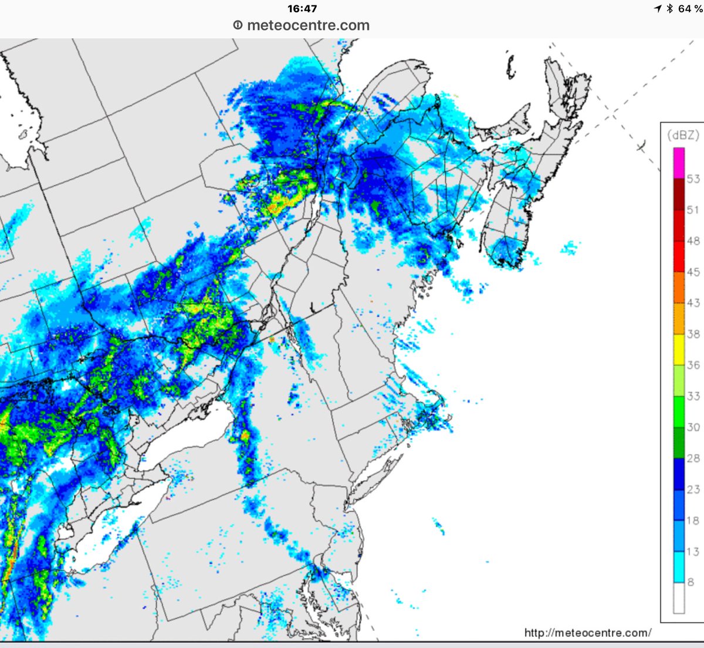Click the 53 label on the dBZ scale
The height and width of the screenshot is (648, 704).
(x=693, y=179)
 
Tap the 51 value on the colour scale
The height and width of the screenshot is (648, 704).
(x=693, y=210)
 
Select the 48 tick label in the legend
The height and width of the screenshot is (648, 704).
(x=693, y=241)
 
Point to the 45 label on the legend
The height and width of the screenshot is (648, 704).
(x=693, y=272)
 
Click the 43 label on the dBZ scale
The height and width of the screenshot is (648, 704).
(x=693, y=303)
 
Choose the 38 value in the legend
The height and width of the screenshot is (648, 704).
(x=693, y=334)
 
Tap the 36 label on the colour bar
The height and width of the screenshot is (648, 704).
(x=693, y=365)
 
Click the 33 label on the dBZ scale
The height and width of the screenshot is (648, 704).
(x=693, y=396)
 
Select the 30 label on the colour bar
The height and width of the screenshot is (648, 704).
(x=693, y=427)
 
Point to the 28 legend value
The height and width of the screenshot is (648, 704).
(x=693, y=458)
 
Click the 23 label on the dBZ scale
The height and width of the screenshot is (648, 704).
(x=693, y=490)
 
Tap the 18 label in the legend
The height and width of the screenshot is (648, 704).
(x=693, y=521)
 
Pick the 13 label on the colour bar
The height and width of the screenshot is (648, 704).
(x=693, y=552)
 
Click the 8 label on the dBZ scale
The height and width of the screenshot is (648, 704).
(x=691, y=582)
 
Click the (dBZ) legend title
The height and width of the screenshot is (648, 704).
(x=683, y=136)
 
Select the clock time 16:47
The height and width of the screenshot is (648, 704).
(x=302, y=9)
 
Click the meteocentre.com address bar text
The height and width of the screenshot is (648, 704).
(x=308, y=26)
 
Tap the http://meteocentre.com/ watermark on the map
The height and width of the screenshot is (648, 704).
(x=587, y=633)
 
